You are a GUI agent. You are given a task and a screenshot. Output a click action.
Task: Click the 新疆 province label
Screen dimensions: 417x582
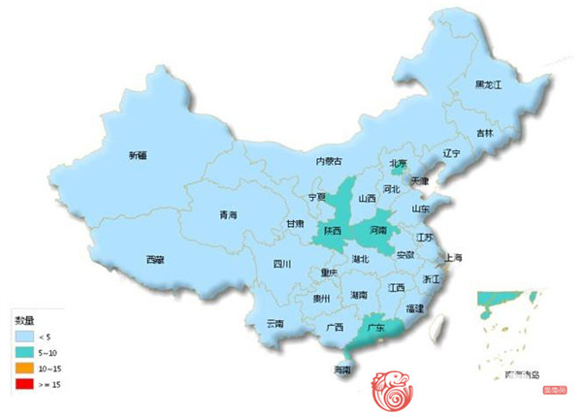[137, 155]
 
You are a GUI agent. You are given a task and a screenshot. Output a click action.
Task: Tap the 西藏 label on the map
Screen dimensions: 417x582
[155, 259]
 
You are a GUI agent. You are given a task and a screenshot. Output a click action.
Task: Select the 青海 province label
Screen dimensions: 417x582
[228, 215]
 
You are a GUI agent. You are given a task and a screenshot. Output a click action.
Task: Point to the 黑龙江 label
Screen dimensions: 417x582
[488, 85]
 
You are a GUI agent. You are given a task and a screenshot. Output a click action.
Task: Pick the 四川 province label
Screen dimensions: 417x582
[282, 264]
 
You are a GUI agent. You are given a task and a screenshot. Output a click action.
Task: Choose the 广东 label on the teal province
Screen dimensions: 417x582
[374, 328]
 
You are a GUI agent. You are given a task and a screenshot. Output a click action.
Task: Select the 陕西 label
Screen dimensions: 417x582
[333, 232]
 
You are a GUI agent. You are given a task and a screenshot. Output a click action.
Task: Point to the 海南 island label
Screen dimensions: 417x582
[342, 370]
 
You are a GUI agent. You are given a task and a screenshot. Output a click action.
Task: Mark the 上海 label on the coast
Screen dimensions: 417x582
[453, 258]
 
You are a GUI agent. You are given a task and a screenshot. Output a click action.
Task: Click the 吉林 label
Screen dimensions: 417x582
[484, 132]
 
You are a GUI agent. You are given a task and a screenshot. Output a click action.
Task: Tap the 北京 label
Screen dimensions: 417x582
[398, 163]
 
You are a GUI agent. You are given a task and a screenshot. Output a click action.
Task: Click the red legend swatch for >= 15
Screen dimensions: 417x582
[20, 385]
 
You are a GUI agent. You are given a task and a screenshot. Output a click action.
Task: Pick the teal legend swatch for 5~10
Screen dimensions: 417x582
[20, 351]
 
